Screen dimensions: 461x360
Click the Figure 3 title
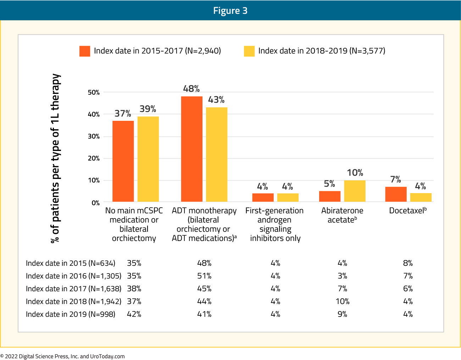[230, 11]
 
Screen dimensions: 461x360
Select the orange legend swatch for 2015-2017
[85, 51]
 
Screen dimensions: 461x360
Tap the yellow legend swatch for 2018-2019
[249, 51]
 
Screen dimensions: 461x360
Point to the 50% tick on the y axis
[94, 92]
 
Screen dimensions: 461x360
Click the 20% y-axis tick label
[94, 158]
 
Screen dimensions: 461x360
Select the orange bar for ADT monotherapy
[191, 149]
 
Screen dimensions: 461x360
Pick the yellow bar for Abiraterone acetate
[355, 191]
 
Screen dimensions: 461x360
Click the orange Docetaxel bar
[396, 194]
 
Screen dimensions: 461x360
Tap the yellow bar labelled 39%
[148, 159]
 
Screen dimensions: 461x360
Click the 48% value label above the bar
[191, 89]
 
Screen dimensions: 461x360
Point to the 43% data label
[216, 100]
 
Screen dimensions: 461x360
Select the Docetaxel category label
[408, 210]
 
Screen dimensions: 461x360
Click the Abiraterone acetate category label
[342, 215]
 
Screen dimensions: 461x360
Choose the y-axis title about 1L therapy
[55, 158]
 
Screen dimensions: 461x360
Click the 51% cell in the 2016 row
[204, 276]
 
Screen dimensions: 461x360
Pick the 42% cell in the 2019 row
[134, 314]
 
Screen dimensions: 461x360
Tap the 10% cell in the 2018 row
[343, 301]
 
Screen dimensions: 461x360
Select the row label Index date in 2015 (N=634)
[71, 263]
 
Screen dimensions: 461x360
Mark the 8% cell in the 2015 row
[408, 263]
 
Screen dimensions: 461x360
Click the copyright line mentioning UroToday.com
[62, 356]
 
